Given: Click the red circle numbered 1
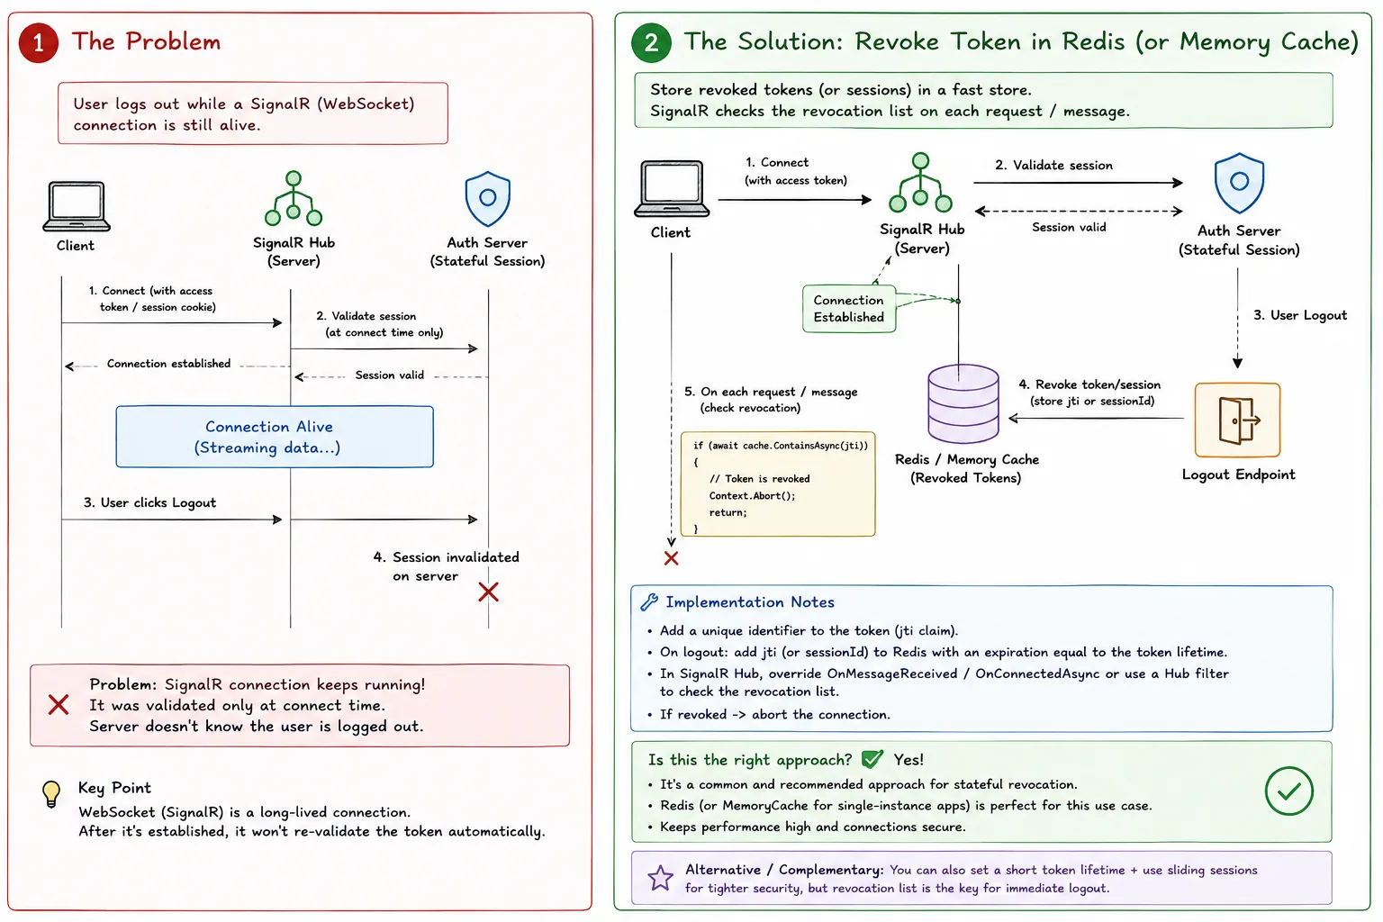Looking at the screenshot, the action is pos(39,42).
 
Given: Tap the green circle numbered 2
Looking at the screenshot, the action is pos(651,42).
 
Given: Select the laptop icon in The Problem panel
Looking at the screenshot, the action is pos(77,206).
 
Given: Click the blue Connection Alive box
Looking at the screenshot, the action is pos(275,437).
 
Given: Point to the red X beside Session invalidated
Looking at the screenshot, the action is pos(488,592).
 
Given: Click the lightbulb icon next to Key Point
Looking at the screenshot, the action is pos(51,794).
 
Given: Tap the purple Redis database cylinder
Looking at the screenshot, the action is pos(963,403).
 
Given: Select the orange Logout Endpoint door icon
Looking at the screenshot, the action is pos(1237,420).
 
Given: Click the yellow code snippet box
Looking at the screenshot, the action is pos(778,484).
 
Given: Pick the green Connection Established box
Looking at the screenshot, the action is pos(849,309).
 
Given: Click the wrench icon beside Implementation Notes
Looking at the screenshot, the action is pos(649,602).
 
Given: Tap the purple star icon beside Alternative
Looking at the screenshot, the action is pos(660,878).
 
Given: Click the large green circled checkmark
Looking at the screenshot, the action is pos(1288,791).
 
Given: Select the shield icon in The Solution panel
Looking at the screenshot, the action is pos(1239,184).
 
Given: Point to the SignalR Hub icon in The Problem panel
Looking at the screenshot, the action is pos(294,198).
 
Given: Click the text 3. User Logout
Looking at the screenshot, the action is pos(1299,315).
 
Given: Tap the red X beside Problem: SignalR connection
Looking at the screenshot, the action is pos(59,705).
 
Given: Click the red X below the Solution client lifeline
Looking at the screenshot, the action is pos(671,558).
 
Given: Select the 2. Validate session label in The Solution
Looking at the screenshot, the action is pos(1053,165).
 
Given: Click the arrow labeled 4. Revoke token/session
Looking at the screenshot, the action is pos(1096,418).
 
